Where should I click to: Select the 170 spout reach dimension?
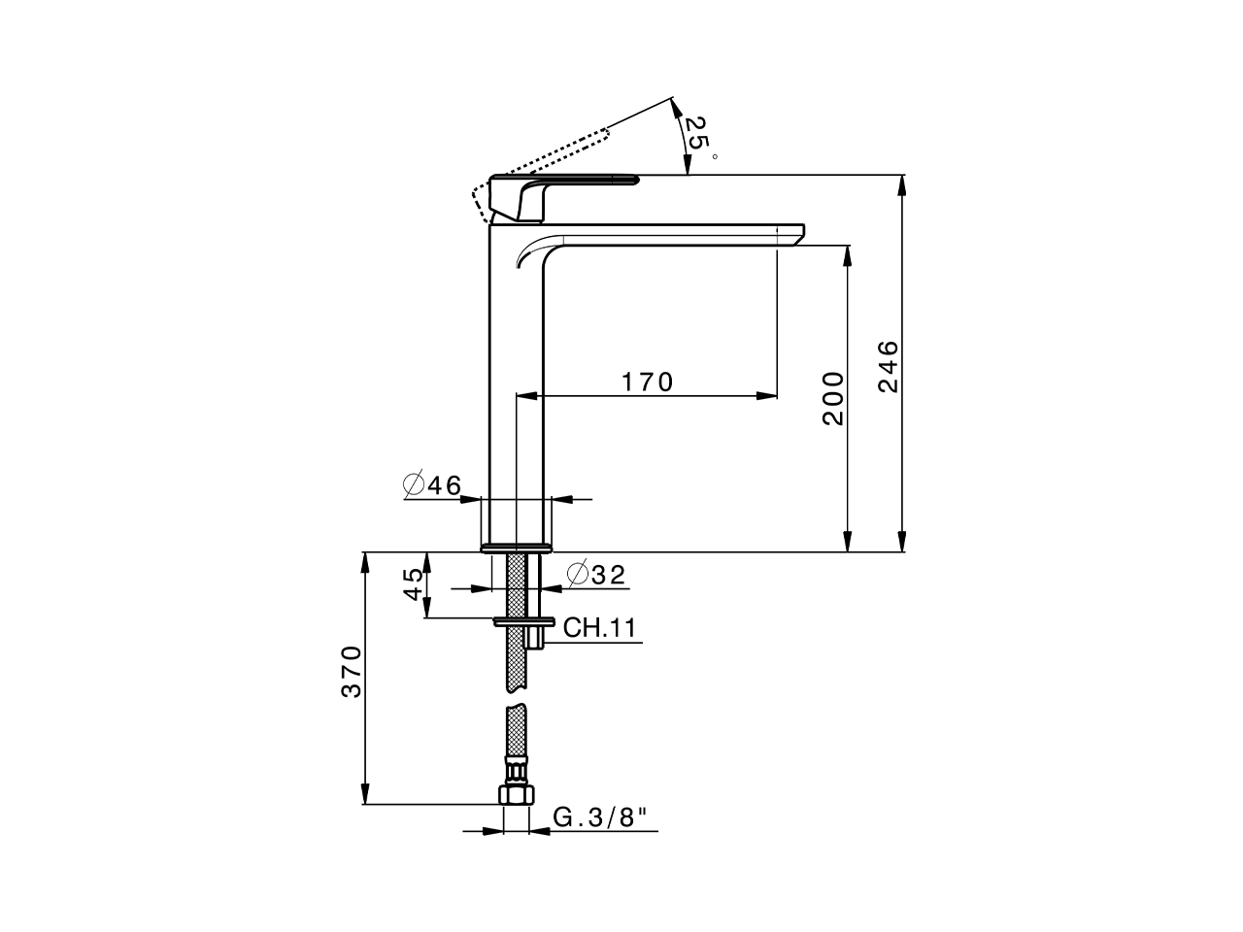pyautogui.click(x=647, y=382)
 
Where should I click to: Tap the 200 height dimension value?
pyautogui.click(x=833, y=398)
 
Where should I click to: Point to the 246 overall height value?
pyautogui.click(x=889, y=366)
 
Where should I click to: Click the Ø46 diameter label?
pyautogui.click(x=432, y=485)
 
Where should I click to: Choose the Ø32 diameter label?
pyautogui.click(x=595, y=575)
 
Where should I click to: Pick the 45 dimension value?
pyautogui.click(x=413, y=583)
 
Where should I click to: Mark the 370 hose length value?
pyautogui.click(x=352, y=671)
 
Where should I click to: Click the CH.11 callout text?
pyautogui.click(x=599, y=628)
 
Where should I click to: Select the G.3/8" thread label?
pyautogui.click(x=599, y=817)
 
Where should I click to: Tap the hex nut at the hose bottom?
pyautogui.click(x=516, y=793)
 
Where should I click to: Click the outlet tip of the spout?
pyautogui.click(x=791, y=237)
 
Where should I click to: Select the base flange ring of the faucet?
pyautogui.click(x=517, y=548)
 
